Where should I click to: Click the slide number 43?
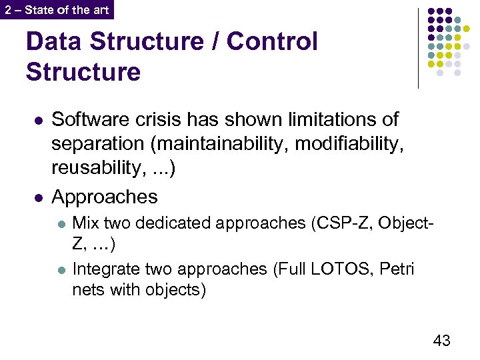tap(441, 341)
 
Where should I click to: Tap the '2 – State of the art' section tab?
tap(57, 9)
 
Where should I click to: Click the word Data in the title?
tap(53, 41)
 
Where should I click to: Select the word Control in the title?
tap(272, 41)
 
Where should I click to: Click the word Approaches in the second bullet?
tap(105, 197)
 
